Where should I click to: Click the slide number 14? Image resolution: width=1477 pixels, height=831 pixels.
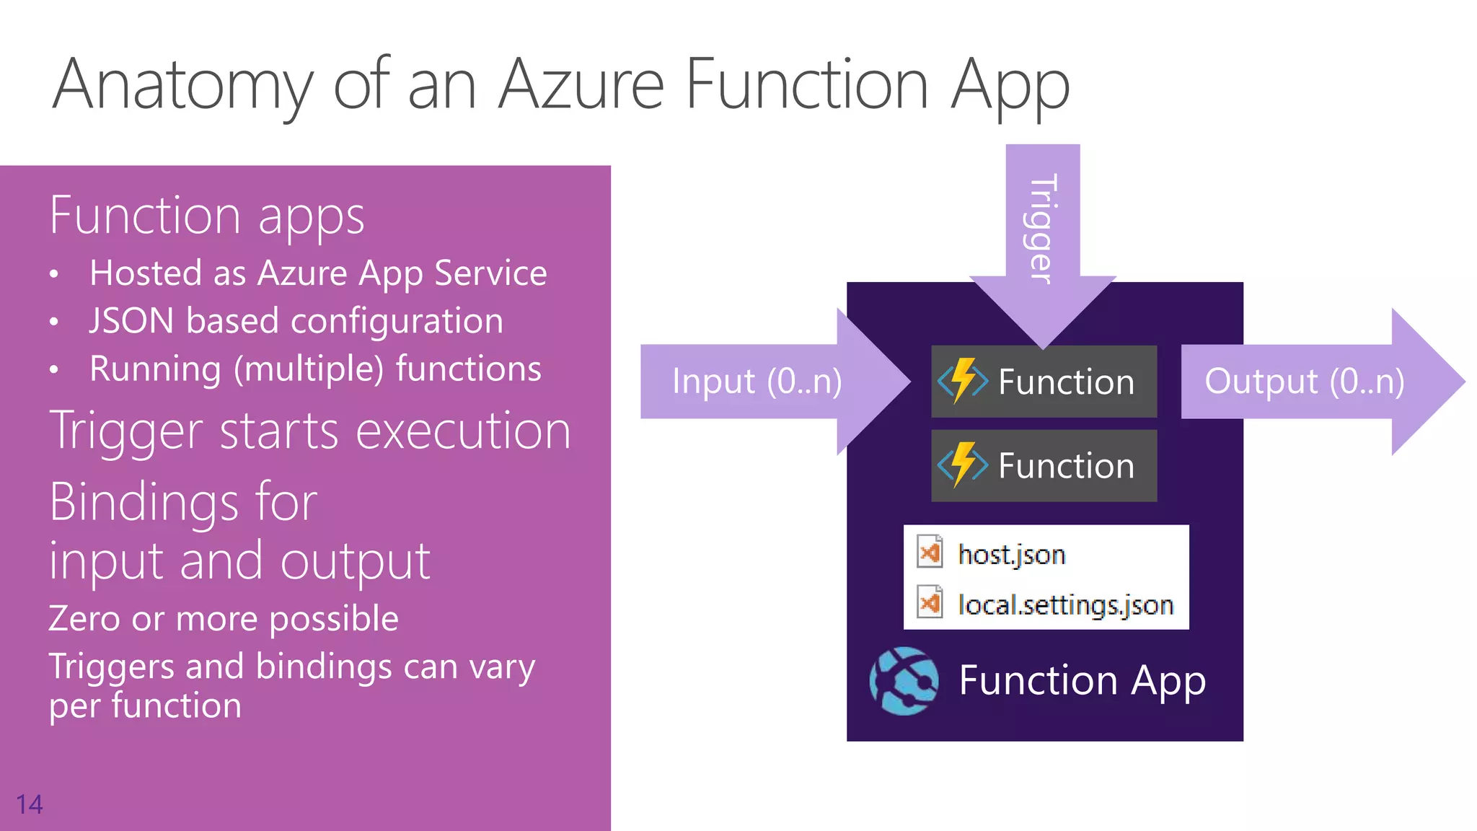pyautogui.click(x=30, y=804)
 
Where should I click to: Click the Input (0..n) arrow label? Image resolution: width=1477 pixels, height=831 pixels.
pyautogui.click(x=757, y=381)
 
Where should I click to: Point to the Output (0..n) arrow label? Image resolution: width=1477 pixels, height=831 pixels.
pyautogui.click(x=1304, y=381)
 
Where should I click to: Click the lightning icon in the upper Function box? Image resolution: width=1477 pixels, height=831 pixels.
pyautogui.click(x=963, y=380)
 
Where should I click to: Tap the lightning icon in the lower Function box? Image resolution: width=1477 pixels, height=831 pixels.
pyautogui.click(x=963, y=465)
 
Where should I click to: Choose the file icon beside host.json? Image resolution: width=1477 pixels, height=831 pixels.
pyautogui.click(x=930, y=553)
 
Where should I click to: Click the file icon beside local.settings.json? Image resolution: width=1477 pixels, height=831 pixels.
pyautogui.click(x=930, y=603)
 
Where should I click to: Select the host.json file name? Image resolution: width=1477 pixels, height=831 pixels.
pyautogui.click(x=1011, y=555)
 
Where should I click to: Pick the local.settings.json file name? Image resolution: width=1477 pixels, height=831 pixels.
pyautogui.click(x=1065, y=604)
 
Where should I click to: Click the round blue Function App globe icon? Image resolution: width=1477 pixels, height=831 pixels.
pyautogui.click(x=904, y=681)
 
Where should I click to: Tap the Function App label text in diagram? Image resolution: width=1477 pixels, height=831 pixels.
pyautogui.click(x=1082, y=680)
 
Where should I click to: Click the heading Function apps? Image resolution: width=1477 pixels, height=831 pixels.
pyautogui.click(x=207, y=216)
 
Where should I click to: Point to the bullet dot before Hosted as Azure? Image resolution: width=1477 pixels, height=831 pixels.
pyautogui.click(x=54, y=275)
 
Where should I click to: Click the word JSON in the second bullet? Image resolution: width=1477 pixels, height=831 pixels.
pyautogui.click(x=131, y=320)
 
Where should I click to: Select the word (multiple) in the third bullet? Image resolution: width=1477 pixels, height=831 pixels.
pyautogui.click(x=308, y=369)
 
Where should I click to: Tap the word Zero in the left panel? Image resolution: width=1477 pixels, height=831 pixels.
pyautogui.click(x=84, y=618)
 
